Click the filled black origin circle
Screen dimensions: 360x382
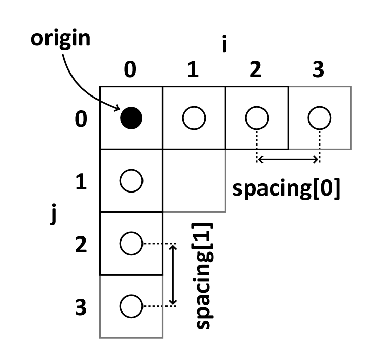(131, 118)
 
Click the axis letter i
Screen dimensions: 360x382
(224, 45)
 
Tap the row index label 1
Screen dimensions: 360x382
(80, 182)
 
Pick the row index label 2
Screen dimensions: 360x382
(80, 245)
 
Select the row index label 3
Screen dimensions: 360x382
(80, 308)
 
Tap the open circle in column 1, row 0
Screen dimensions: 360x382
(194, 118)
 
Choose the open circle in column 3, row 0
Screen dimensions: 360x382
(320, 118)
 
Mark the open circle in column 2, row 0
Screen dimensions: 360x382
(257, 118)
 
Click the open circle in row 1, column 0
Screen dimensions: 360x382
(131, 181)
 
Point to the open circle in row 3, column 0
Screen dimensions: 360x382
(131, 306)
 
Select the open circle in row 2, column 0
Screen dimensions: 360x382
(131, 244)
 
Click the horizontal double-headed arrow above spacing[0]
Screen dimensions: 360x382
(288, 160)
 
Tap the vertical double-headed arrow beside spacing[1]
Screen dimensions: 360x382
(173, 275)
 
